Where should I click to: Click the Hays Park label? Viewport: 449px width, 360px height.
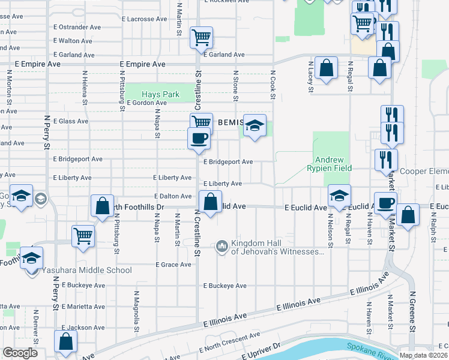click(x=160, y=94)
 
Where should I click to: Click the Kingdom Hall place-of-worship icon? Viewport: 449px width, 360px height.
click(x=222, y=245)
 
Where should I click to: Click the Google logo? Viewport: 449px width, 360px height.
click(x=20, y=353)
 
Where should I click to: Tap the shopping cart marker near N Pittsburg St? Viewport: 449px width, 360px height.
click(x=83, y=235)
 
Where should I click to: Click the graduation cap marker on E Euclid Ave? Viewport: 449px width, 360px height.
click(x=339, y=195)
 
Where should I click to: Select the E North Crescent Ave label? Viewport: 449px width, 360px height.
click(x=231, y=340)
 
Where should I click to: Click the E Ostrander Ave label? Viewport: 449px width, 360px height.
click(x=77, y=27)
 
